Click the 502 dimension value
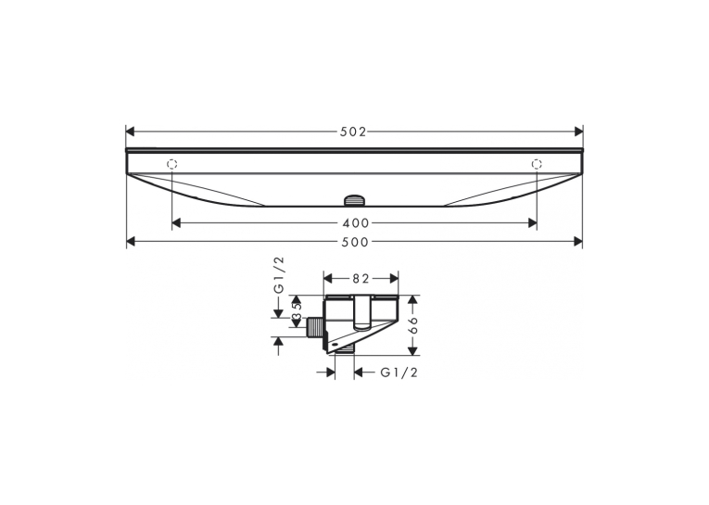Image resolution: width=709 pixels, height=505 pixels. (353, 132)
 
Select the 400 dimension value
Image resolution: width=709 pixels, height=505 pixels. (355, 223)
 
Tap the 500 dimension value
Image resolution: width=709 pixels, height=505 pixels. (355, 242)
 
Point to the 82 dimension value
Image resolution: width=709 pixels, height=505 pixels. (361, 279)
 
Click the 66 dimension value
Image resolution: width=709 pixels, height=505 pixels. (413, 325)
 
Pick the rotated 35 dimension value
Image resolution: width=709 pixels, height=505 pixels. (297, 314)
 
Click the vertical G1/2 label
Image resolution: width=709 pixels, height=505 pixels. (280, 275)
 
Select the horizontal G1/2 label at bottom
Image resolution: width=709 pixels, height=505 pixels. (399, 372)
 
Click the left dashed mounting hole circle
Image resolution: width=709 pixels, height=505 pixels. (172, 164)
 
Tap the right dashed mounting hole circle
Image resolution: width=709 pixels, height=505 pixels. (537, 164)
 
